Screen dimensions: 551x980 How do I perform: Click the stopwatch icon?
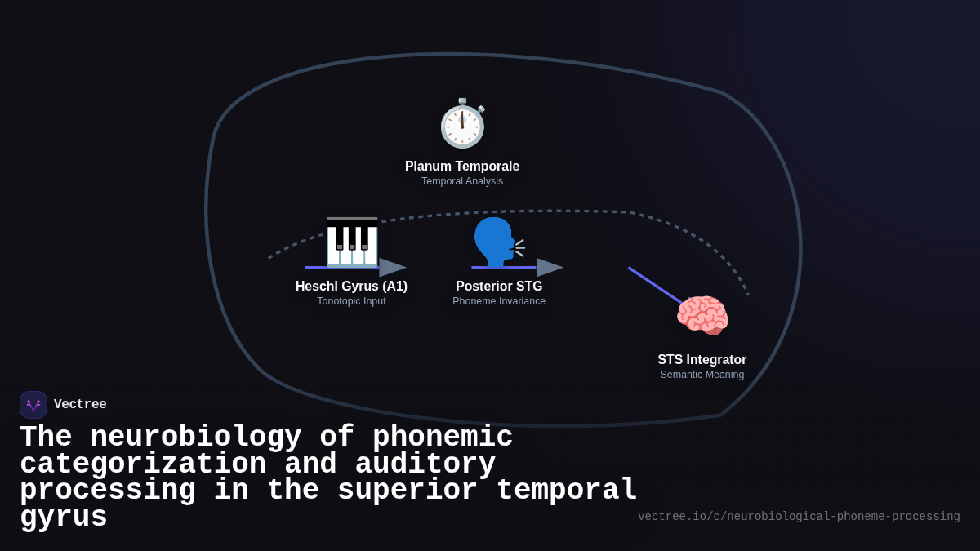pos(462,124)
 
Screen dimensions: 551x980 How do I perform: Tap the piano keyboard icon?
pos(352,242)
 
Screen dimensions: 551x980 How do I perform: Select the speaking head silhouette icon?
pos(495,242)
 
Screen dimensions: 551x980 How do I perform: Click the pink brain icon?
pos(702,316)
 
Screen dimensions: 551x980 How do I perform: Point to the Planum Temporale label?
pos(462,167)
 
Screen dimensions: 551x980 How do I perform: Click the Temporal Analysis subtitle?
pos(462,181)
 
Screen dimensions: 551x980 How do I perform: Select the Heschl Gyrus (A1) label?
pos(351,287)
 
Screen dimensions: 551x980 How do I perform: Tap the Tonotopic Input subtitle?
pos(351,301)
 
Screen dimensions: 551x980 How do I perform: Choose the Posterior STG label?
pos(499,287)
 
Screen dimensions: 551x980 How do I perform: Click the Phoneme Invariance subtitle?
pos(499,301)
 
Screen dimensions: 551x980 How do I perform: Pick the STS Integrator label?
pos(702,360)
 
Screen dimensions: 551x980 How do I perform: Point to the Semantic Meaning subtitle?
pos(702,375)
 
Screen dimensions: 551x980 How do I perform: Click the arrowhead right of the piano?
pos(392,268)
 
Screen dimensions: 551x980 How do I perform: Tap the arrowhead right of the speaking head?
pos(549,268)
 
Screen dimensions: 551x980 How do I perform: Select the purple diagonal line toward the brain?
pos(655,286)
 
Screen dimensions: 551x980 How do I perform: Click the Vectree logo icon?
pos(33,405)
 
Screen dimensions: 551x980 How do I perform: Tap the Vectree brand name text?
pos(80,405)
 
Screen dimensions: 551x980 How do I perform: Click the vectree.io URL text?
pos(799,517)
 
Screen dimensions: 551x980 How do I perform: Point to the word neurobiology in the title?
pos(196,438)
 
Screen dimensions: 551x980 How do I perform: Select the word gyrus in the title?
pos(64,518)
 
